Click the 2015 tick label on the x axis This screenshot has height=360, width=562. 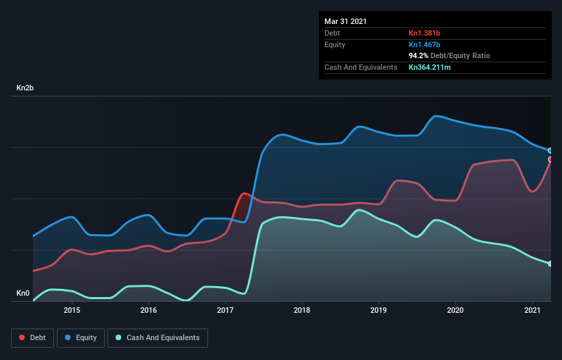tap(72, 311)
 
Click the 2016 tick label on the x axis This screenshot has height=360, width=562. tap(149, 311)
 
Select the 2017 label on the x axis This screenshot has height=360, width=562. tap(225, 311)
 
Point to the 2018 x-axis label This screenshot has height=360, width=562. tap(302, 311)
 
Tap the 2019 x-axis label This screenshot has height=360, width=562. tap(379, 311)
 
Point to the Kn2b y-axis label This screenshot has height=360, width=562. tap(26, 88)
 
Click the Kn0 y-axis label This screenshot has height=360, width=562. tap(23, 294)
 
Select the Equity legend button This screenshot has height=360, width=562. tap(81, 337)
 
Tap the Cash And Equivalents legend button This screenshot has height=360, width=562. tap(157, 337)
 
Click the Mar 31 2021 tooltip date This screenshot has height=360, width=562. tap(346, 21)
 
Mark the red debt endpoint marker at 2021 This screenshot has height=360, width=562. tap(550, 159)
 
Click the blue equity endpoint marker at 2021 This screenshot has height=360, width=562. tap(550, 151)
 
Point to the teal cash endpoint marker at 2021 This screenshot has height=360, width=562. tap(550, 263)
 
